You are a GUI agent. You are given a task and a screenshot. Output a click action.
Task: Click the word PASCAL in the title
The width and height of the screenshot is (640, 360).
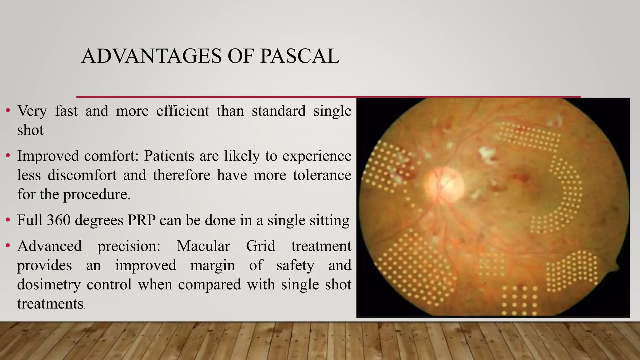pos(300,56)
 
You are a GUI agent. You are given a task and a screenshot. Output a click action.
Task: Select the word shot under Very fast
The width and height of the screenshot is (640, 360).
pos(30,130)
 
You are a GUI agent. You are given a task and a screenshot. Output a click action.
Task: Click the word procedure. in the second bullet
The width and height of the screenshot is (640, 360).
pos(97,194)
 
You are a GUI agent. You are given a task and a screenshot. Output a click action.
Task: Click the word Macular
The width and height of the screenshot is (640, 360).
pos(203,246)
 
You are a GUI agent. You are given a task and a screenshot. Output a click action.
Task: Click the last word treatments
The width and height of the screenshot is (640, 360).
pos(50,304)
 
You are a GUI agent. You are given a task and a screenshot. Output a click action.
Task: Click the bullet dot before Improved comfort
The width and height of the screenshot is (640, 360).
pos(8,156)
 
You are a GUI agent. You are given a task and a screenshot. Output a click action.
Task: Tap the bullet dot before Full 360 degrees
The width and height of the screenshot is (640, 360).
pos(8,220)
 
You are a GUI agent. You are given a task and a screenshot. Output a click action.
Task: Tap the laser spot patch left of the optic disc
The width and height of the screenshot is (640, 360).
pos(387,167)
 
